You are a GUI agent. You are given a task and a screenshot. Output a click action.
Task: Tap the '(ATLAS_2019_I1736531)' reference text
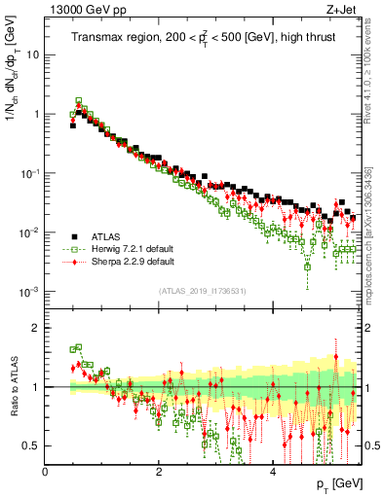(x=203, y=291)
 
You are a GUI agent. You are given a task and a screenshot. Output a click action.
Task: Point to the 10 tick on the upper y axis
(x=33, y=54)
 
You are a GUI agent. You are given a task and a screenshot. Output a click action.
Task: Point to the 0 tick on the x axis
(x=45, y=471)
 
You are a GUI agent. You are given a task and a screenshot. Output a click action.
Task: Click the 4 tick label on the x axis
(x=273, y=471)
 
